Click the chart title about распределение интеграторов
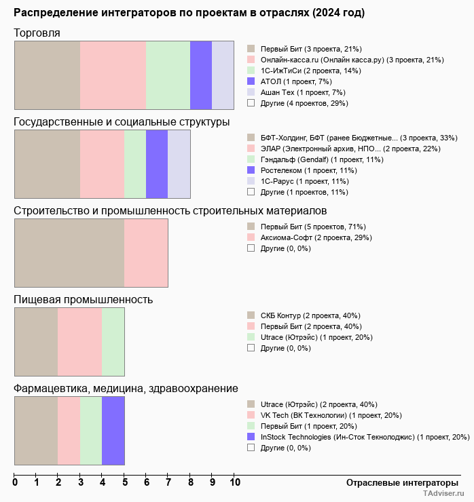189,13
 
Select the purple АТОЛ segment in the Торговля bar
201,75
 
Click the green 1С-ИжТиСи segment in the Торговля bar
168,75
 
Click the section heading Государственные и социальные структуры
122,122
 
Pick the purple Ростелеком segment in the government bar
157,163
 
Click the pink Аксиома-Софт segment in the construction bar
146,253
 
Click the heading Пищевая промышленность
83,300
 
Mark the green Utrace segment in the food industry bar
113,342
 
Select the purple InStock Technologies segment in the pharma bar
113,431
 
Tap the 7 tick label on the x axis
168,483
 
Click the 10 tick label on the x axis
234,483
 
